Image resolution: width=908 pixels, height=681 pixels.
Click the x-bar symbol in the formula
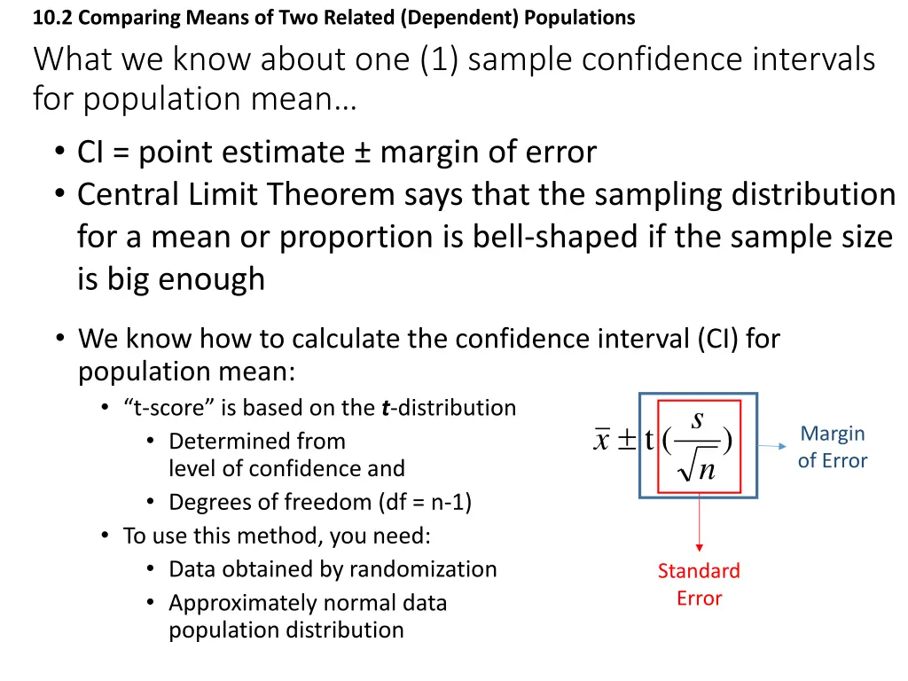pos(602,441)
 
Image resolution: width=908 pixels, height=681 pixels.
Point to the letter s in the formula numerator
pos(698,419)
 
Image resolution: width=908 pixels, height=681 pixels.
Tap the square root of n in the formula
pos(697,468)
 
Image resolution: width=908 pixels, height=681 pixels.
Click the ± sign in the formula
pos(627,441)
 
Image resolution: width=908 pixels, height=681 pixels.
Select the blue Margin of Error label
pos(832,447)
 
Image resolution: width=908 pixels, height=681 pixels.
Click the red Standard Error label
pos(699,584)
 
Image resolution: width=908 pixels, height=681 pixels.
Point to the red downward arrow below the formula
pos(699,523)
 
